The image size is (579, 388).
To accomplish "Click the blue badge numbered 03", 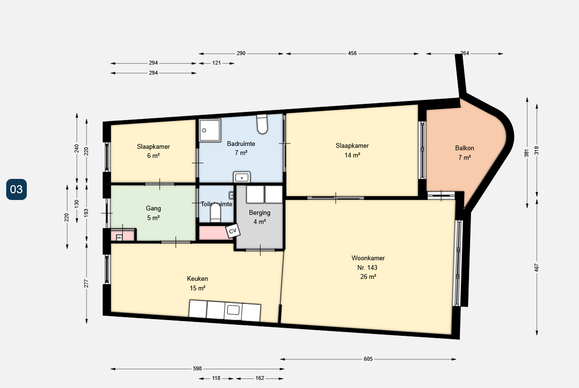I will [x=16, y=189].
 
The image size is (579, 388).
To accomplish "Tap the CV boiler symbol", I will [x=233, y=231].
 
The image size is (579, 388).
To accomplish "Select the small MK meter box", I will [x=119, y=237].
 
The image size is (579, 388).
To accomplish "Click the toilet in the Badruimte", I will [x=262, y=124].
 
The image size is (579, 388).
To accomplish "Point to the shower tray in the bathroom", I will [x=209, y=130].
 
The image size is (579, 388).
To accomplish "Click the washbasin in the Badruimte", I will [x=242, y=177].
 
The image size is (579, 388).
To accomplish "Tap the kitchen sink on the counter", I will [x=233, y=310].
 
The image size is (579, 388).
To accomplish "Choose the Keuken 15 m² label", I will [x=197, y=283].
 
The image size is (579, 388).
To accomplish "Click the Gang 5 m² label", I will [x=153, y=213].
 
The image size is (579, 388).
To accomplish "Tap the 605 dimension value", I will [x=368, y=359].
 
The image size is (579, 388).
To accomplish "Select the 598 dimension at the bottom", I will [x=197, y=369].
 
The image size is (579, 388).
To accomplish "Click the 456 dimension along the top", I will [x=352, y=54].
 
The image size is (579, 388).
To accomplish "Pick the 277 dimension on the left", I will [x=87, y=283].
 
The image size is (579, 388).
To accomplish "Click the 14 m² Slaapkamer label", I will [x=352, y=150].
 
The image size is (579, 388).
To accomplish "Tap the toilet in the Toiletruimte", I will [x=216, y=213].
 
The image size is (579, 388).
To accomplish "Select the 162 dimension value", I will [x=260, y=378].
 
